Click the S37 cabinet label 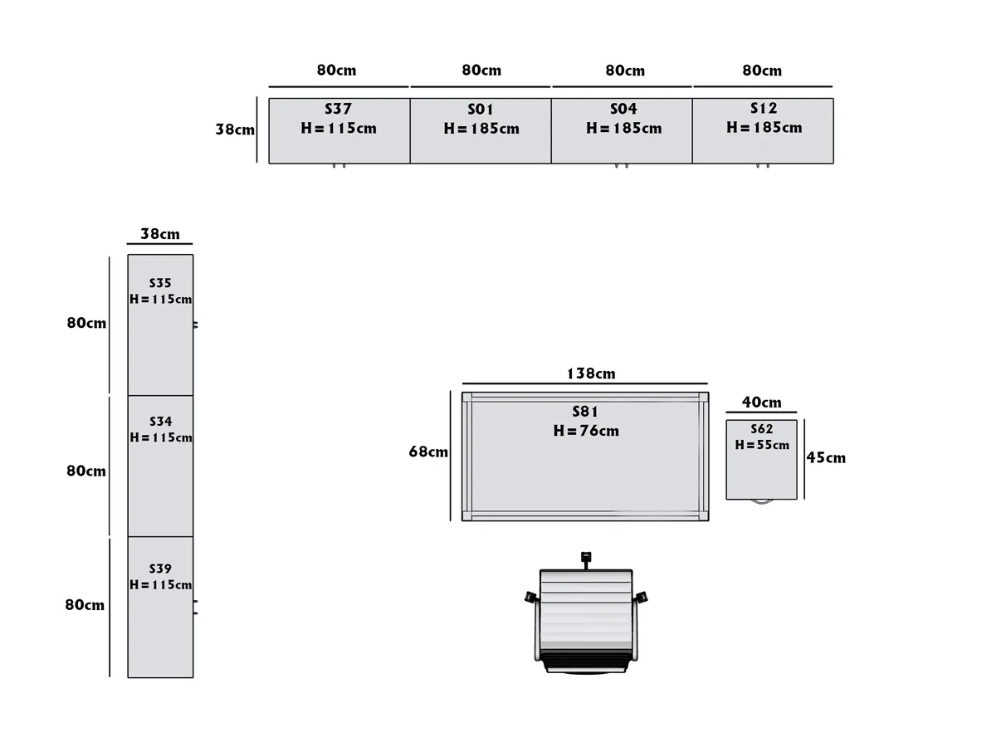tap(338, 109)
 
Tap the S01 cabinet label tap(481, 110)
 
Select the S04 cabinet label tap(623, 110)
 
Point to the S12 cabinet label tap(764, 109)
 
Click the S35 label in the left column tap(160, 283)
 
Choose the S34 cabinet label tap(160, 422)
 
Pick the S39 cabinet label tap(160, 569)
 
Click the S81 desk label tap(585, 412)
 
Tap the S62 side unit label tap(761, 429)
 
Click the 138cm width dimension tap(591, 373)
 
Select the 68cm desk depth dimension tap(428, 452)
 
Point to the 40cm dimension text tap(761, 403)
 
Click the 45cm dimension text tap(826, 457)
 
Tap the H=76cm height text tap(586, 431)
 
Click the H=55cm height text tap(762, 445)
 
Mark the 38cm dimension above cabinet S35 tap(159, 234)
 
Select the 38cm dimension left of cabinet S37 tap(235, 129)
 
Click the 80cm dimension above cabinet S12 tap(762, 71)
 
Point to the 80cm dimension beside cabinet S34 tap(86, 471)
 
